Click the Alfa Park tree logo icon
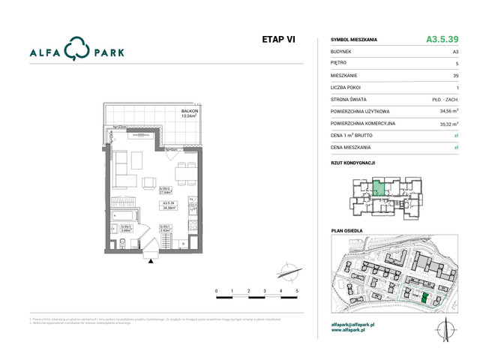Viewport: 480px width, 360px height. click(x=76, y=49)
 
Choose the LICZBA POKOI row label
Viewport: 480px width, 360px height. click(x=349, y=87)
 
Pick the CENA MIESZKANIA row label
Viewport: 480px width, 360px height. click(x=352, y=148)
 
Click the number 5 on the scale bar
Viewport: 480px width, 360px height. click(x=298, y=289)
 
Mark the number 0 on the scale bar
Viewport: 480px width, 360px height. click(x=216, y=289)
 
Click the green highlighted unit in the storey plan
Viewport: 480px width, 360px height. click(x=380, y=189)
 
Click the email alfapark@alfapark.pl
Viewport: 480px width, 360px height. click(x=358, y=324)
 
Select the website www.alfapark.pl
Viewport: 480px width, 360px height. click(x=352, y=330)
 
